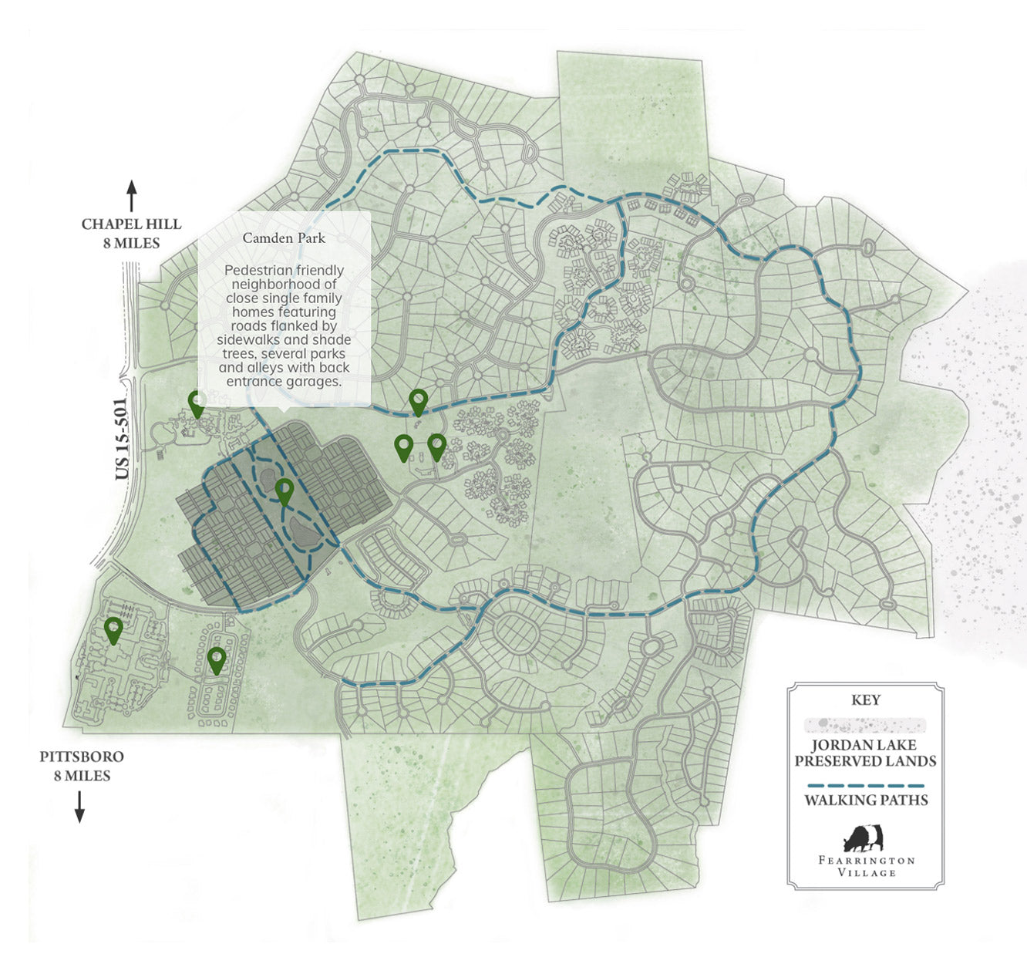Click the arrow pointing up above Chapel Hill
pos(131,196)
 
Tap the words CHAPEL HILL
pos(132,224)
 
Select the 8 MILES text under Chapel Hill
pos(131,243)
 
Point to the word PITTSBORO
pos(82,757)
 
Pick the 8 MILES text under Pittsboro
pos(82,776)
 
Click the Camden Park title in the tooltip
pos(284,238)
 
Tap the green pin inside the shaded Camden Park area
pos(285,490)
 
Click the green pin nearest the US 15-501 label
pos(197,403)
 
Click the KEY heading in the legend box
pos(865,700)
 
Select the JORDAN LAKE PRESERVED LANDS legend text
pos(865,753)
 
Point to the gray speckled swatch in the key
pos(865,725)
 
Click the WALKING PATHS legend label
pos(865,801)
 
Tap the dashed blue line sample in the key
pos(865,786)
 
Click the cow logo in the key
pos(864,838)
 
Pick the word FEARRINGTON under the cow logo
pos(865,860)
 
